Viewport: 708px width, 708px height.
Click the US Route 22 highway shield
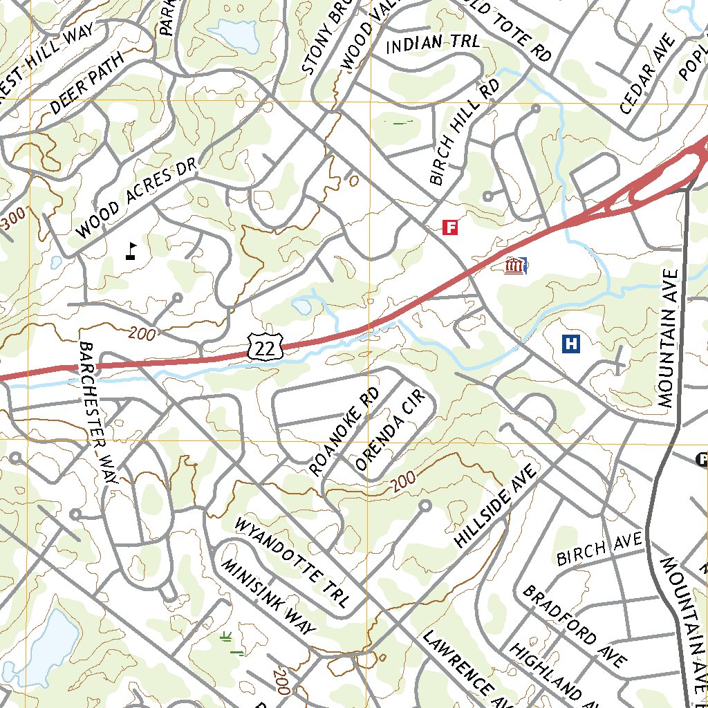coord(264,345)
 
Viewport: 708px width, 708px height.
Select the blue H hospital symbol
coord(571,344)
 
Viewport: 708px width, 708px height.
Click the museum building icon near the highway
coord(514,265)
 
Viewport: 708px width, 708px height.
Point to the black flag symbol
coord(131,250)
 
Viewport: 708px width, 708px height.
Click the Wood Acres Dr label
coord(136,198)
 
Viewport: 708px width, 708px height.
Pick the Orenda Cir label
coord(388,434)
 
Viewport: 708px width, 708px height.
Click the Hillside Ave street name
coord(495,507)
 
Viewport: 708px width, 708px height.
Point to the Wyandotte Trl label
coord(291,561)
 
